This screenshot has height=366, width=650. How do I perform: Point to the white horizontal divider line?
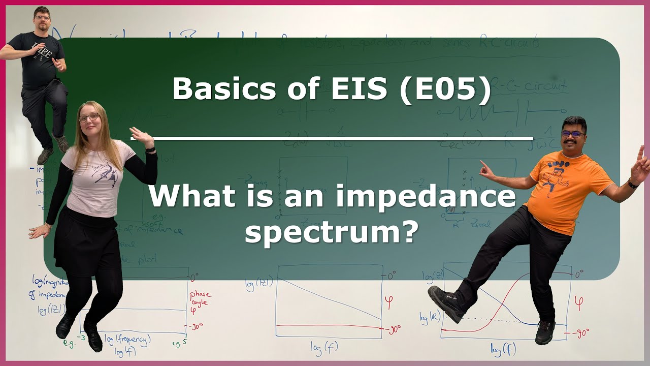tap(332, 138)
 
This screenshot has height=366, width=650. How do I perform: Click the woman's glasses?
tap(89, 117)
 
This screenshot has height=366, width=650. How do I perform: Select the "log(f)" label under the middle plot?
tap(325, 347)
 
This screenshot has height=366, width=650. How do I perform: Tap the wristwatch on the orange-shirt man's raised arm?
tap(632, 184)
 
